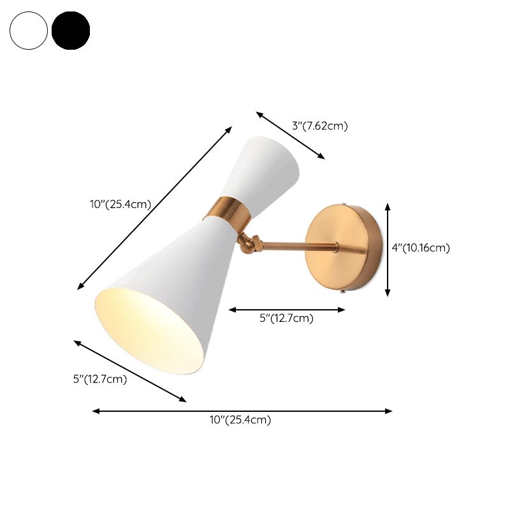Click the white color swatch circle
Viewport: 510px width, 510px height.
click(29, 30)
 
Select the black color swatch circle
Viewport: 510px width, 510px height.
click(71, 30)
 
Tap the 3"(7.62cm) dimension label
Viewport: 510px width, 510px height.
click(320, 126)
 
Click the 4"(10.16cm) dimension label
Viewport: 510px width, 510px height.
click(421, 248)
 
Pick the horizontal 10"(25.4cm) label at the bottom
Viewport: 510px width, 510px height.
click(240, 419)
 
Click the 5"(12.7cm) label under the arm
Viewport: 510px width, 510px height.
click(286, 319)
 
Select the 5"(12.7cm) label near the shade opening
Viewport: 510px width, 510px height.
click(100, 380)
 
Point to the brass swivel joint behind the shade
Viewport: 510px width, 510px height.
click(247, 242)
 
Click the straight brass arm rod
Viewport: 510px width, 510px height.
click(287, 245)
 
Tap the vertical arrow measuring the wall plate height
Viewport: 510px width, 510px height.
click(388, 249)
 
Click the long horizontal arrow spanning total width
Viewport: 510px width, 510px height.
click(242, 411)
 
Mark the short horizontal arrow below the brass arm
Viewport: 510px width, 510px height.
click(287, 310)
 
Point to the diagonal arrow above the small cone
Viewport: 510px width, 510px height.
click(291, 135)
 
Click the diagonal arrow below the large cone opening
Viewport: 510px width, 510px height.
click(130, 371)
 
